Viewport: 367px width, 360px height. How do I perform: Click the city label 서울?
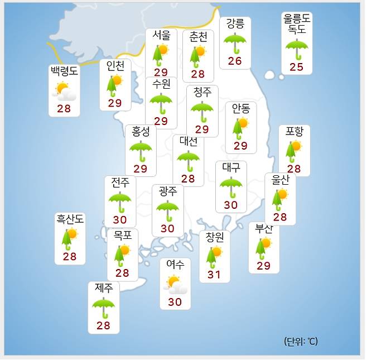(x=161, y=35)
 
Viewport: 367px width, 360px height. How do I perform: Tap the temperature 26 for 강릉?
(x=235, y=61)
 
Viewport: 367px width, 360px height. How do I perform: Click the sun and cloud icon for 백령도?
(x=64, y=91)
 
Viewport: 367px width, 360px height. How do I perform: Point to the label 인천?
(x=115, y=66)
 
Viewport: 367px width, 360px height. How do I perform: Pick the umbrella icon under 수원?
(x=161, y=103)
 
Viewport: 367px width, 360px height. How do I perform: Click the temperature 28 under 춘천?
(x=198, y=74)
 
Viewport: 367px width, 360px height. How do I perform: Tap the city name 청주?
(x=202, y=92)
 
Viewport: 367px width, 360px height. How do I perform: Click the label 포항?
(x=294, y=132)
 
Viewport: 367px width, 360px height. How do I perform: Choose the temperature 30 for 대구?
(x=231, y=205)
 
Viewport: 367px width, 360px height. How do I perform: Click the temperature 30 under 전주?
(x=120, y=220)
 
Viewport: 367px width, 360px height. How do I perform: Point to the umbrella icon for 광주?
(x=167, y=210)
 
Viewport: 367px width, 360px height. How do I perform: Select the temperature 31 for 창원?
(x=214, y=275)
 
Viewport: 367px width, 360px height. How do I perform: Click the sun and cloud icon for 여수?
(x=176, y=285)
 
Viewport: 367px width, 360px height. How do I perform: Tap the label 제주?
(x=104, y=289)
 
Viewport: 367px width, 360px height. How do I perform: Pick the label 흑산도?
(x=70, y=219)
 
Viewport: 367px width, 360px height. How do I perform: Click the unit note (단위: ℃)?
(x=301, y=341)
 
